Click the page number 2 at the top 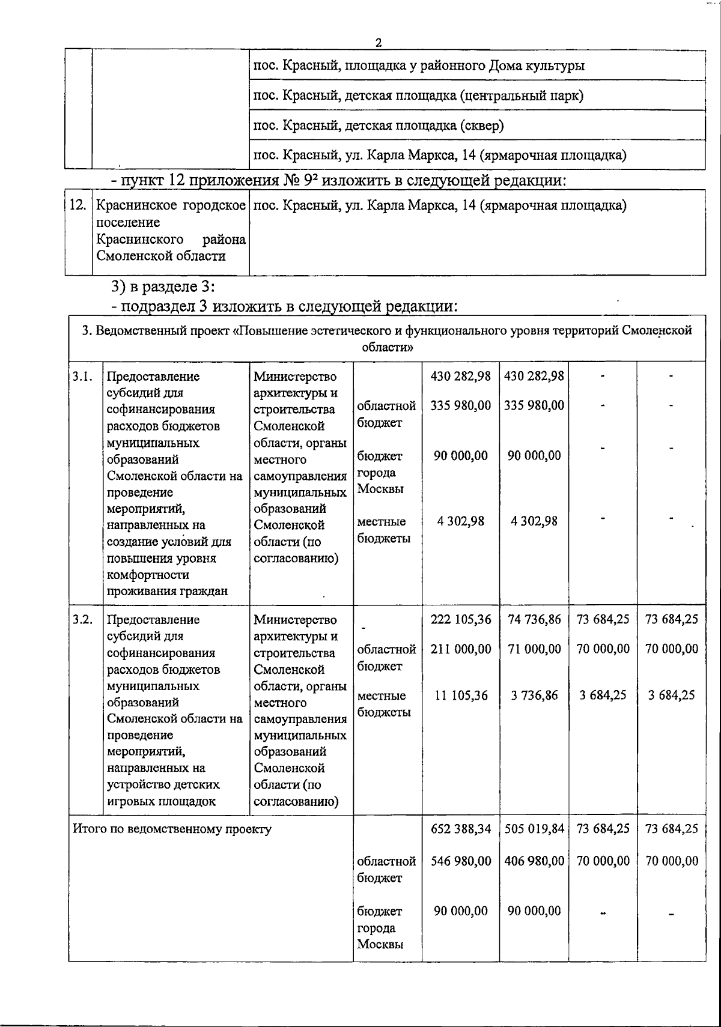(x=378, y=43)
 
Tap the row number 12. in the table (x=78, y=205)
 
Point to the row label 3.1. (x=82, y=377)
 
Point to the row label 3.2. (x=82, y=619)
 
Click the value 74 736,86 (x=534, y=619)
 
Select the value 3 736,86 (x=534, y=695)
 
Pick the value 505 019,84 (x=534, y=829)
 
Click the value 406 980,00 (x=534, y=861)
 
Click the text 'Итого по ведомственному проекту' (x=172, y=829)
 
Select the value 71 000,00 (x=534, y=649)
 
